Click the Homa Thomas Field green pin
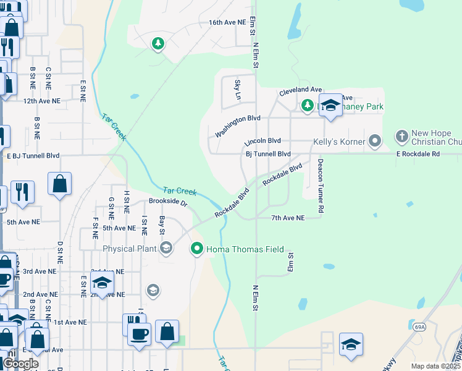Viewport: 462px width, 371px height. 197,249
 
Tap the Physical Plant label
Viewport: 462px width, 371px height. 131,249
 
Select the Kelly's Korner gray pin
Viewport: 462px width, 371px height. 374,142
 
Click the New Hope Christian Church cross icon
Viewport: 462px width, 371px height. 401,135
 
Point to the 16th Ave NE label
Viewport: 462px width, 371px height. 227,22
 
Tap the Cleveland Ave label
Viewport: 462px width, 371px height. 301,90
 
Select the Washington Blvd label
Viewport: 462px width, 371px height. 238,126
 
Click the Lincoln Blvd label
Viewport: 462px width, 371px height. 262,141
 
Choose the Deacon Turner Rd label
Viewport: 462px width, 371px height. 321,186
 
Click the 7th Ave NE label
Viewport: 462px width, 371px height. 288,218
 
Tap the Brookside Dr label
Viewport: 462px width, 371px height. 167,202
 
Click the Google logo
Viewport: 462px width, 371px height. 20,364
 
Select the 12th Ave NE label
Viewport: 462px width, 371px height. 42,101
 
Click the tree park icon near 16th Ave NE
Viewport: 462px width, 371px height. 159,43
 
